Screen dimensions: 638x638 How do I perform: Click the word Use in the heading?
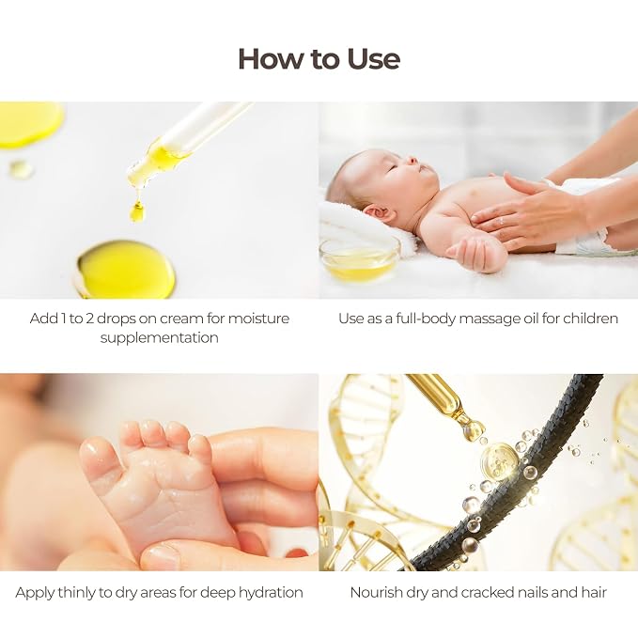(374, 59)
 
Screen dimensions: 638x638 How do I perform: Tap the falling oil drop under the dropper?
(137, 211)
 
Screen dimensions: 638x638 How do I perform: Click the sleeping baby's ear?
(379, 211)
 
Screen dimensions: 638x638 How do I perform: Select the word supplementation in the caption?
(159, 337)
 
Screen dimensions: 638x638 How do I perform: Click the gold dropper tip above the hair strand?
(473, 428)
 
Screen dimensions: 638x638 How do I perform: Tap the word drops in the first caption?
(116, 319)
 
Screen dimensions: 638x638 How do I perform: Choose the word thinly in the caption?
(76, 592)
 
